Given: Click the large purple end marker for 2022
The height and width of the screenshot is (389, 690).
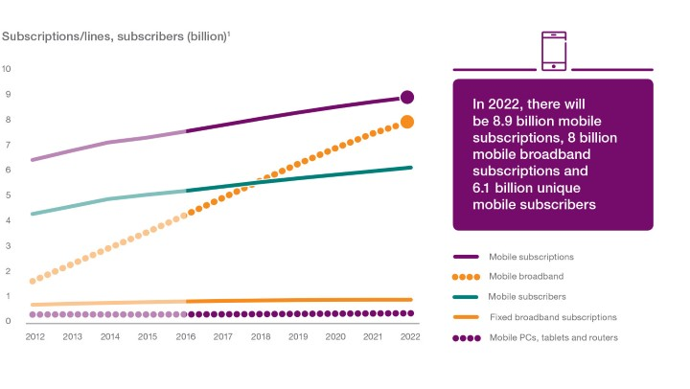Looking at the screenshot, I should point(407,97).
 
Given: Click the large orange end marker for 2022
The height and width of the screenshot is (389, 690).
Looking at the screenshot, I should point(407,122).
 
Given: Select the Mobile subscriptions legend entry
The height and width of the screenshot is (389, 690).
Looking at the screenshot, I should point(531,257).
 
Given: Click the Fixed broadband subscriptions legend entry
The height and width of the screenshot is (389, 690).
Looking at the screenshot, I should point(552,316).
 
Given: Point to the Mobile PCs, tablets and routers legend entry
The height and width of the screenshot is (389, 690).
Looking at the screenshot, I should point(553,336).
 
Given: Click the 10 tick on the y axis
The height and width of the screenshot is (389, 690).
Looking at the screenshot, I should point(7,69).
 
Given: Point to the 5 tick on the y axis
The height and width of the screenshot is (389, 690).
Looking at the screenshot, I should point(7,195).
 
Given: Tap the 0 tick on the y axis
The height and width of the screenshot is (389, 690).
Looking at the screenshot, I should point(7,321).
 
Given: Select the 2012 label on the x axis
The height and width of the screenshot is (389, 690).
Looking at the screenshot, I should point(34,337).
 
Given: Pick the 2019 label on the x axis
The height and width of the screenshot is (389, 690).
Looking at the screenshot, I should point(297,337).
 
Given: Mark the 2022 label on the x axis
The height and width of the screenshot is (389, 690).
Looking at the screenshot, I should point(408,337).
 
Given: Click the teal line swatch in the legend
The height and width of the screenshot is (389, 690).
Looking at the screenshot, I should point(466,296).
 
